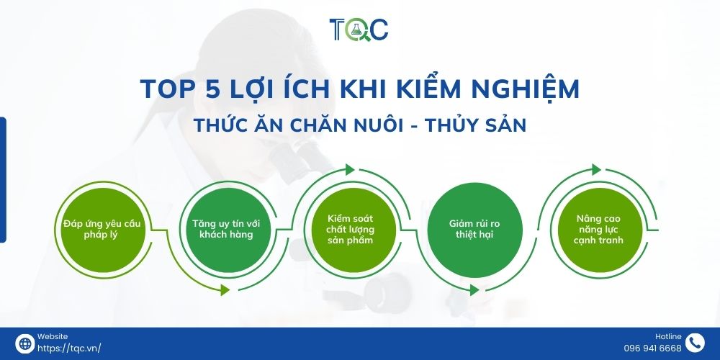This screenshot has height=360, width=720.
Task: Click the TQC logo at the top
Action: pos(359,30)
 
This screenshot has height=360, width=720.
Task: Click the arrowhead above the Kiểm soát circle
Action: pos(350,170)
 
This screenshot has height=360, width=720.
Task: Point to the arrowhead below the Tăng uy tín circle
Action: pos(225,289)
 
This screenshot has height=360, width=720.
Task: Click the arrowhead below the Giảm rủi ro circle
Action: pos(473,289)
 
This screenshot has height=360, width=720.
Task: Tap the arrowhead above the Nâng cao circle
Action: pos(595,170)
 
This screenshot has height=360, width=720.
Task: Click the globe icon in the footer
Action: pos(24,343)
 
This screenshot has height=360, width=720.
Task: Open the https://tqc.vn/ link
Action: pos(68,348)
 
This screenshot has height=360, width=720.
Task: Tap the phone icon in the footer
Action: pos(695,343)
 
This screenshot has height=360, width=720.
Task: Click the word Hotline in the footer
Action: pos(668,336)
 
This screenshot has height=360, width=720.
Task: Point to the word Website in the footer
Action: pos(52,336)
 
